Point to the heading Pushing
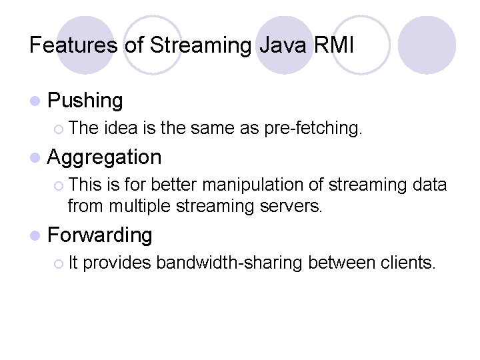coord(86,101)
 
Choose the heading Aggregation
coord(105,157)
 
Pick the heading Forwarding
coord(101,235)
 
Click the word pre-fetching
coord(313,129)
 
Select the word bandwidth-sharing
coord(230,263)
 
